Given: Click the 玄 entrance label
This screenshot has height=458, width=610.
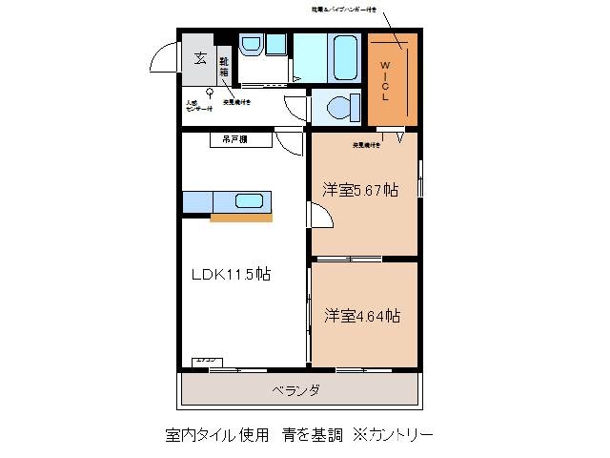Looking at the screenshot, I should [200, 57].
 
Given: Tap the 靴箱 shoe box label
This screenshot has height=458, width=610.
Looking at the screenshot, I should [223, 67].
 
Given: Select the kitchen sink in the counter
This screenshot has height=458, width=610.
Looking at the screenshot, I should [250, 201].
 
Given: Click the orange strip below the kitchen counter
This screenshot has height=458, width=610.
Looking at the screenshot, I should [240, 218].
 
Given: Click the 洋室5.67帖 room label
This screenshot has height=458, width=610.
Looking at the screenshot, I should [361, 190].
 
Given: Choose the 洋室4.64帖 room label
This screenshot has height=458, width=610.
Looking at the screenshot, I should [361, 315].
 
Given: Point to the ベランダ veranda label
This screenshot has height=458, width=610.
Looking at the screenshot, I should [295, 390].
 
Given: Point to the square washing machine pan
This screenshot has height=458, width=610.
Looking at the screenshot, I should [275, 43].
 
